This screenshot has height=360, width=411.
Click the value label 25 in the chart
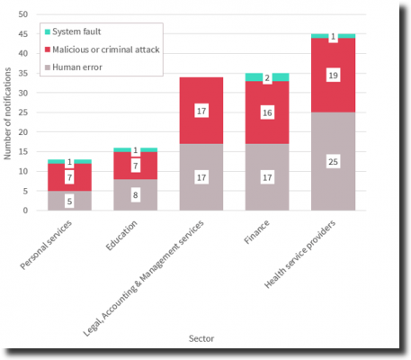pyautogui.click(x=333, y=162)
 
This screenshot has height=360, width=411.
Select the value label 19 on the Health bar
pyautogui.click(x=333, y=76)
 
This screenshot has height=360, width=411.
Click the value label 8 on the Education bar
pyautogui.click(x=135, y=194)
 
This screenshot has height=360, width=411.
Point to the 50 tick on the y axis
pyautogui.click(x=24, y=14)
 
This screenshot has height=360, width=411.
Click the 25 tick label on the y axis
pyautogui.click(x=24, y=112)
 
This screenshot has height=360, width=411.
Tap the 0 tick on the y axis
pyautogui.click(x=27, y=211)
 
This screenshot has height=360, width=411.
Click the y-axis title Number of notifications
pyautogui.click(x=8, y=112)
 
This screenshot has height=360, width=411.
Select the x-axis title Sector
pyautogui.click(x=201, y=338)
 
